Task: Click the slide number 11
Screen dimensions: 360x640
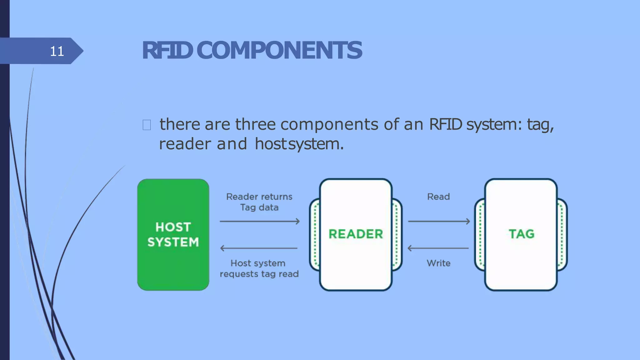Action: point(57,51)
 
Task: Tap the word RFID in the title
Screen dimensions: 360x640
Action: point(167,50)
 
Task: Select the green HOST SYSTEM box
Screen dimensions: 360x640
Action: point(173,234)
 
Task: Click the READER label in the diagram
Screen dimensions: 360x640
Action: point(356,234)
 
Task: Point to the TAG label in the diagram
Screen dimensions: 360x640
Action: point(521,234)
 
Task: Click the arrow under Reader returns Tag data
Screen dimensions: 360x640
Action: point(259,221)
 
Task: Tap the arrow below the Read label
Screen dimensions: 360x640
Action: point(439,221)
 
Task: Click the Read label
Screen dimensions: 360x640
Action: point(438,197)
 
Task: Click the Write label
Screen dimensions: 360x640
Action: point(438,263)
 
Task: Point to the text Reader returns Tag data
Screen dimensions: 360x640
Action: point(259,202)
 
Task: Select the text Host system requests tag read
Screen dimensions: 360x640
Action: point(259,268)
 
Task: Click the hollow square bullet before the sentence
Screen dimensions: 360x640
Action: point(147,125)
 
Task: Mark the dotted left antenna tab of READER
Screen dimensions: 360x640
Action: point(315,234)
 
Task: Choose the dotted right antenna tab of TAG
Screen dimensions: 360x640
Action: point(562,234)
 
